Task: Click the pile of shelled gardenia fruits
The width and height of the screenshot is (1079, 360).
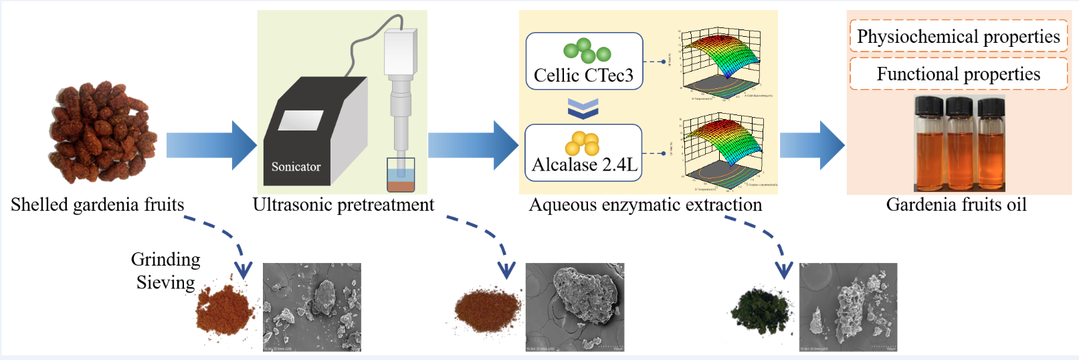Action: click(102, 132)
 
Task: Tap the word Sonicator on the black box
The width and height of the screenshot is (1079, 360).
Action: click(296, 167)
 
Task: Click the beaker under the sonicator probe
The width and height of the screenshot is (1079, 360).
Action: click(401, 176)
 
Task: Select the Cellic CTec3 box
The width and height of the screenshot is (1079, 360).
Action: click(584, 62)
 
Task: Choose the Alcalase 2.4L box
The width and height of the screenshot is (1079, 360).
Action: click(583, 153)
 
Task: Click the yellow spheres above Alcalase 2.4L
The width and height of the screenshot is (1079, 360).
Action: click(583, 143)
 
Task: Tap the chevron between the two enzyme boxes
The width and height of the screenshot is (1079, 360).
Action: click(583, 108)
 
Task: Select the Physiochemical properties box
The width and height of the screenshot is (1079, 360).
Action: click(958, 36)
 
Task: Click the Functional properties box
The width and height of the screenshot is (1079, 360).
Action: click(958, 74)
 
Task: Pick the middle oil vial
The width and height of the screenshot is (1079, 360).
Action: click(959, 143)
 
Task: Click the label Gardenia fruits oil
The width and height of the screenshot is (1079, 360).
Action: click(956, 205)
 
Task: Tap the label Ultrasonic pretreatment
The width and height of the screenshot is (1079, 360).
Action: click(343, 205)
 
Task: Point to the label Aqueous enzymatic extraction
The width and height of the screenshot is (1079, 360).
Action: click(646, 205)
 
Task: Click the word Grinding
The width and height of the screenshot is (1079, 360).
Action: click(165, 259)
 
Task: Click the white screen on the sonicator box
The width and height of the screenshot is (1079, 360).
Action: click(300, 120)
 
